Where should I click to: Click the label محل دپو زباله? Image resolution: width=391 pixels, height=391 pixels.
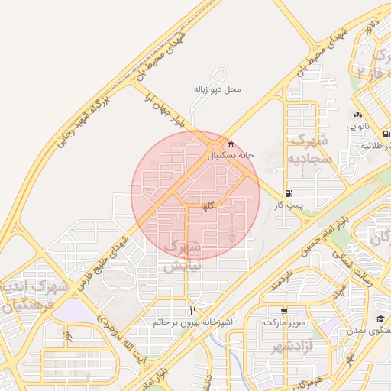coord(217,89)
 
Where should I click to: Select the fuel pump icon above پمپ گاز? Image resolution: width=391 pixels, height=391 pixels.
coord(288,193)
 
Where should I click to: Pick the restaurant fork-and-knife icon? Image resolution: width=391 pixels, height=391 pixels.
coord(192,311)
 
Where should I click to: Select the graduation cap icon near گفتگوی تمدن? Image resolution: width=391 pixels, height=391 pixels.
coord(380,318)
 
